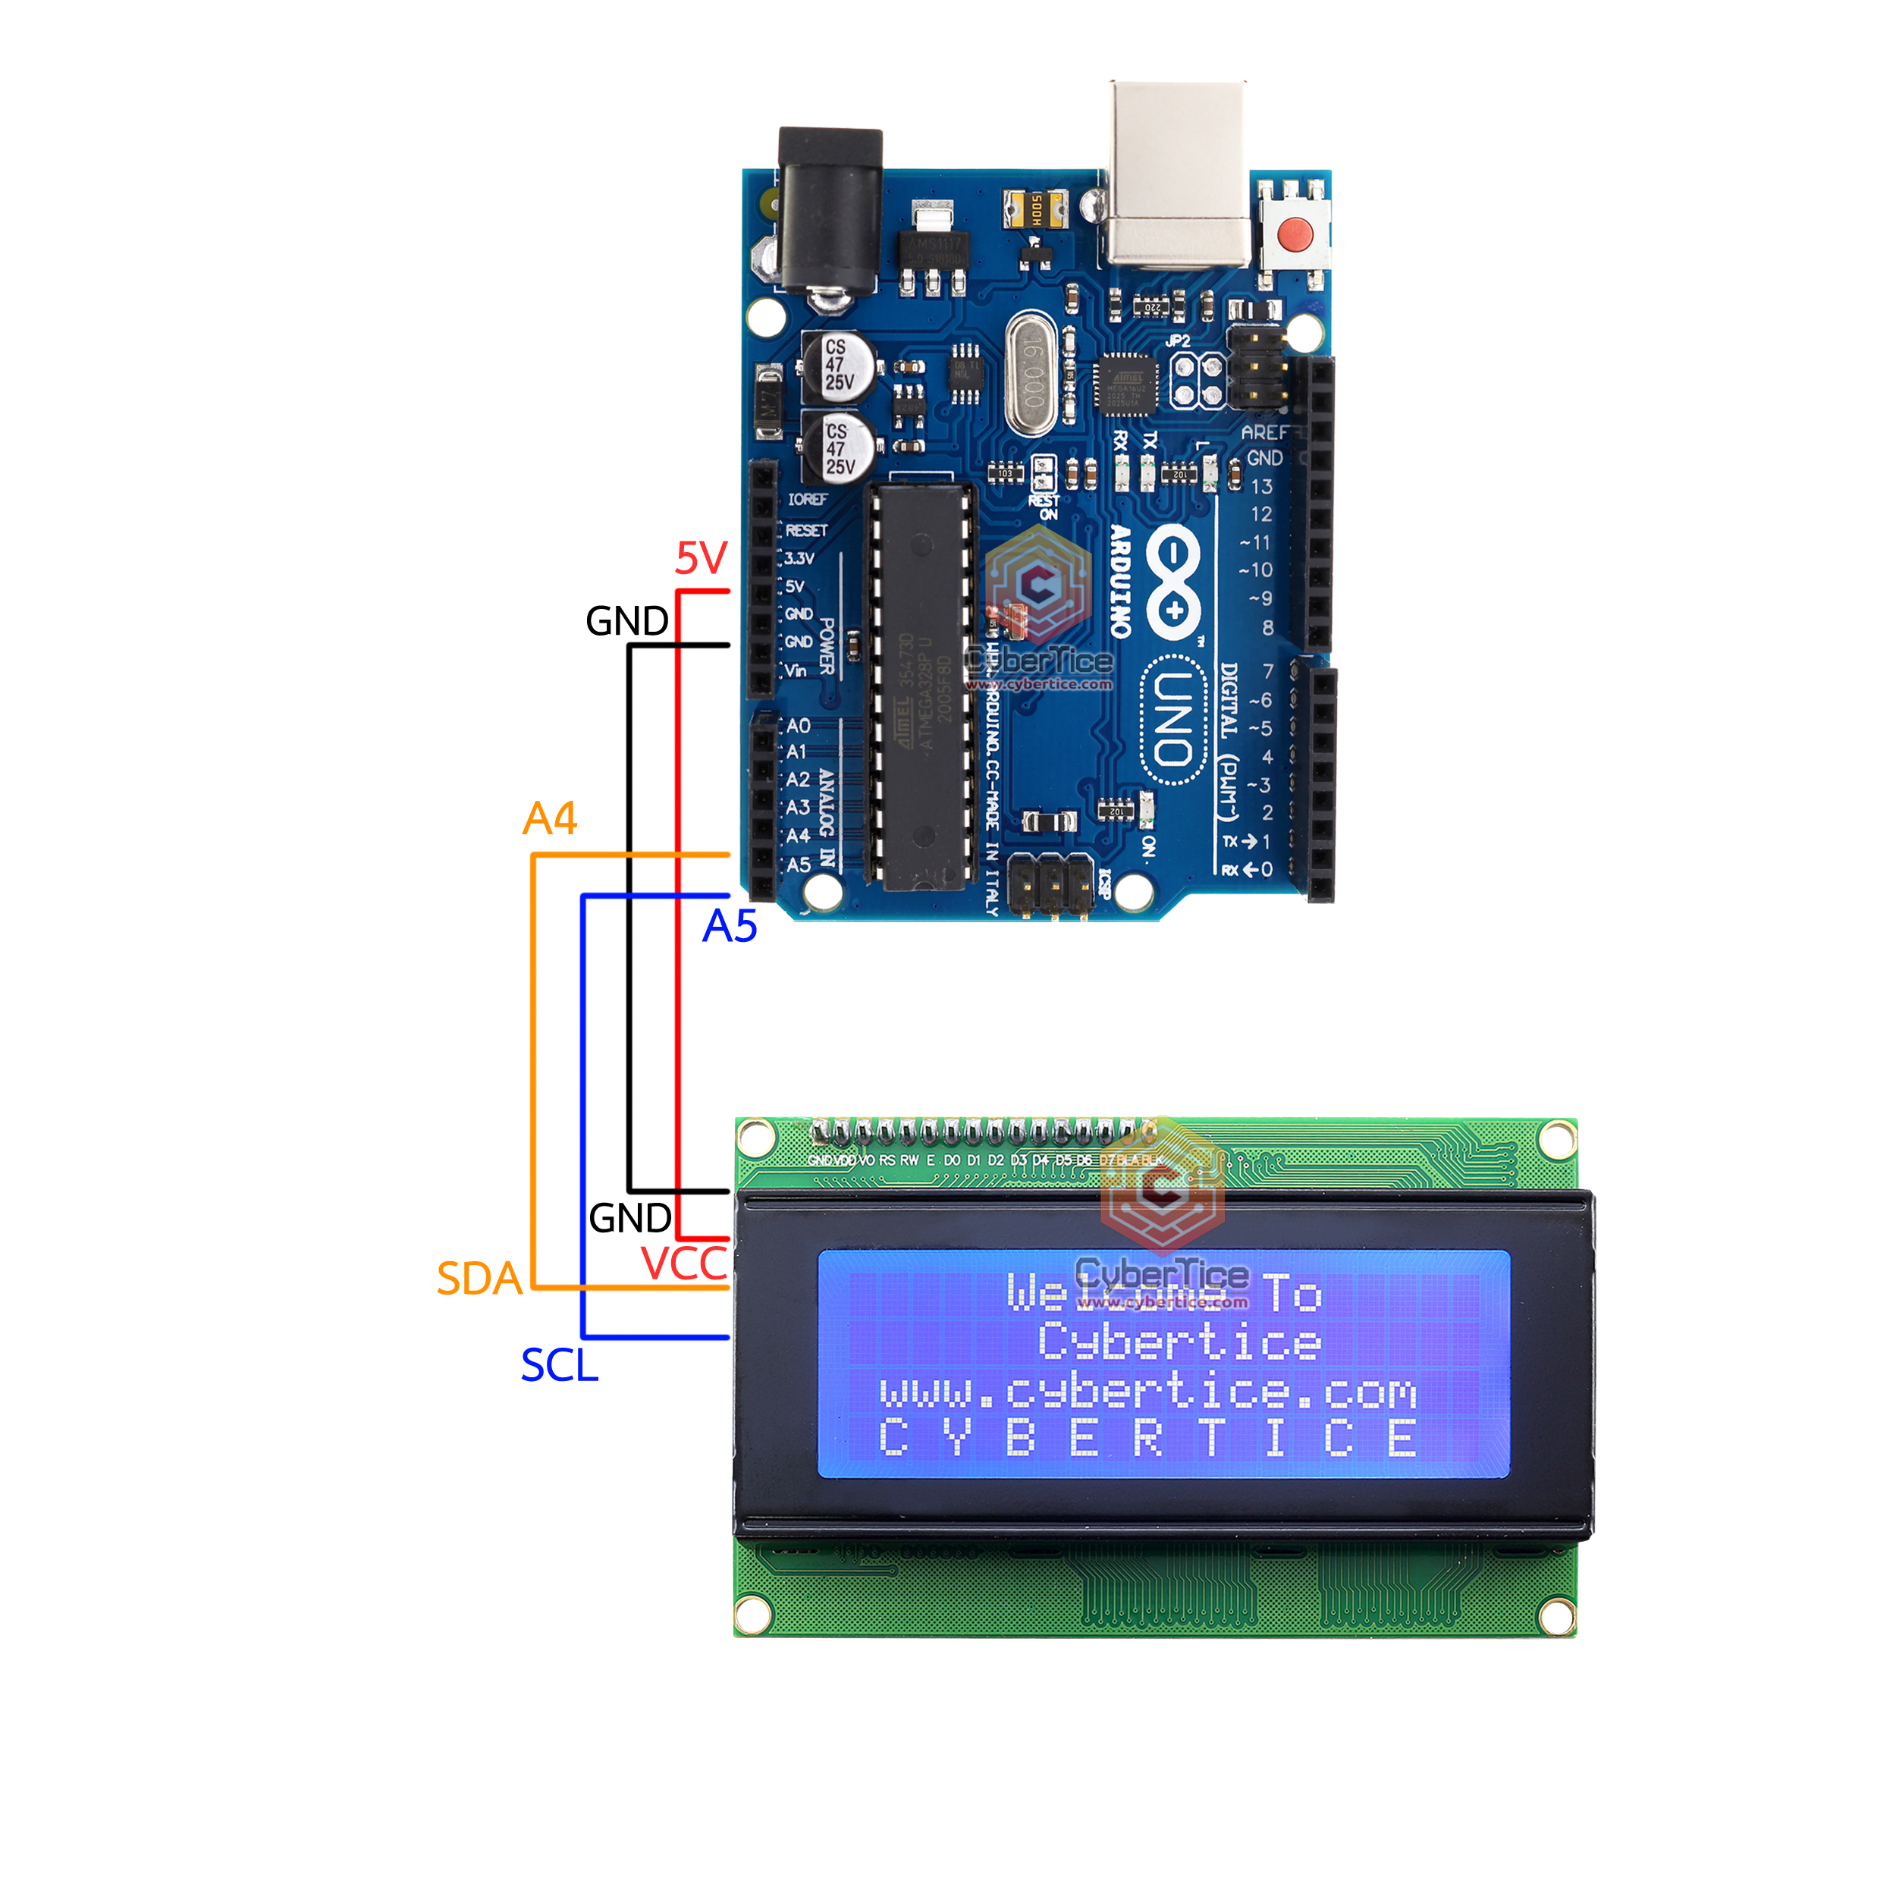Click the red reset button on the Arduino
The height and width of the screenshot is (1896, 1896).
[x=1295, y=234]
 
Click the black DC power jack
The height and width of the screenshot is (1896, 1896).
[x=829, y=211]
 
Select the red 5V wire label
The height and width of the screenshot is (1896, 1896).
[x=701, y=558]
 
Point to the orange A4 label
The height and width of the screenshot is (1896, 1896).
[x=550, y=818]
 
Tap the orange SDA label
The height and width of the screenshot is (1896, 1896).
[x=479, y=1279]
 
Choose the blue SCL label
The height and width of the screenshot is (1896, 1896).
[x=560, y=1366]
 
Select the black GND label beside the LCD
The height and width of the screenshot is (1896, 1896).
[x=630, y=1218]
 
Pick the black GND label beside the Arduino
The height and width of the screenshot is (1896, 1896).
[x=627, y=621]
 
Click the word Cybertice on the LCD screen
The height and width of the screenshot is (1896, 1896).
[x=1179, y=1342]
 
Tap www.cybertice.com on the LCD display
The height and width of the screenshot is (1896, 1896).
[x=1148, y=1392]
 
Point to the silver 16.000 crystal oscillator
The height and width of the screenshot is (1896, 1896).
[x=1031, y=373]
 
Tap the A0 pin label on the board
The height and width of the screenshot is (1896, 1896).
[x=799, y=727]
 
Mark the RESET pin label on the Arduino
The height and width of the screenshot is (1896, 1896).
[x=807, y=530]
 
